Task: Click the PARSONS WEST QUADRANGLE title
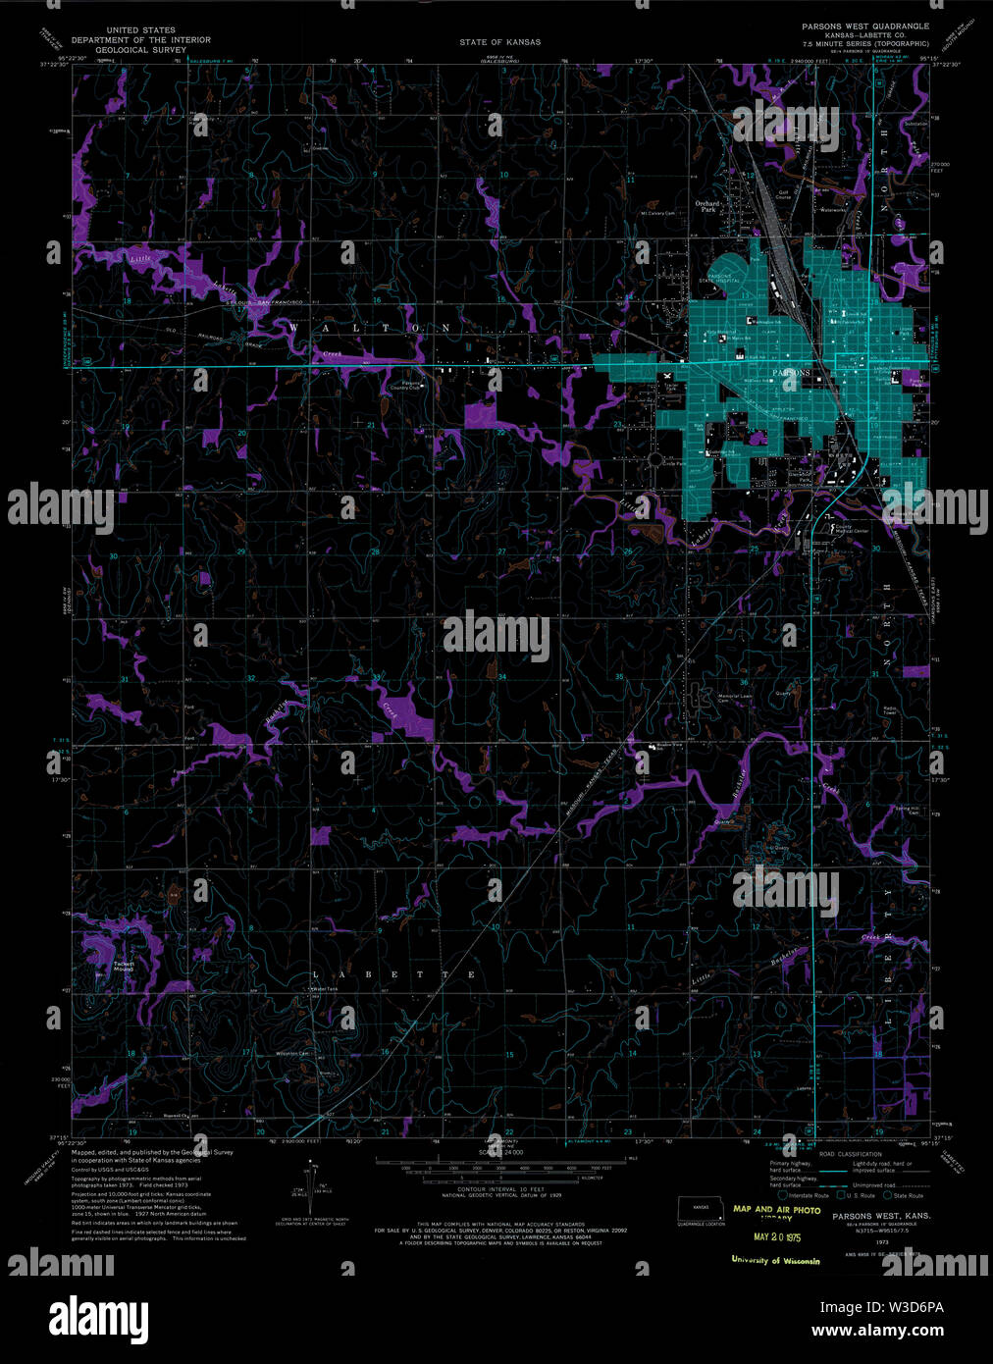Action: coord(864,26)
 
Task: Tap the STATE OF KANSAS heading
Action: coord(499,42)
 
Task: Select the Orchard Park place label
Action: coord(706,206)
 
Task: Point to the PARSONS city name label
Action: coord(792,374)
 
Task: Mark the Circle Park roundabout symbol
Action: coord(654,458)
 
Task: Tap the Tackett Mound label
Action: coord(123,967)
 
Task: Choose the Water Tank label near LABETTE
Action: coord(325,988)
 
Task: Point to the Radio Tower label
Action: coord(890,710)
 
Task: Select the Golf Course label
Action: coord(783,195)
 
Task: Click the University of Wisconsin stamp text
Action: coord(775,1260)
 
